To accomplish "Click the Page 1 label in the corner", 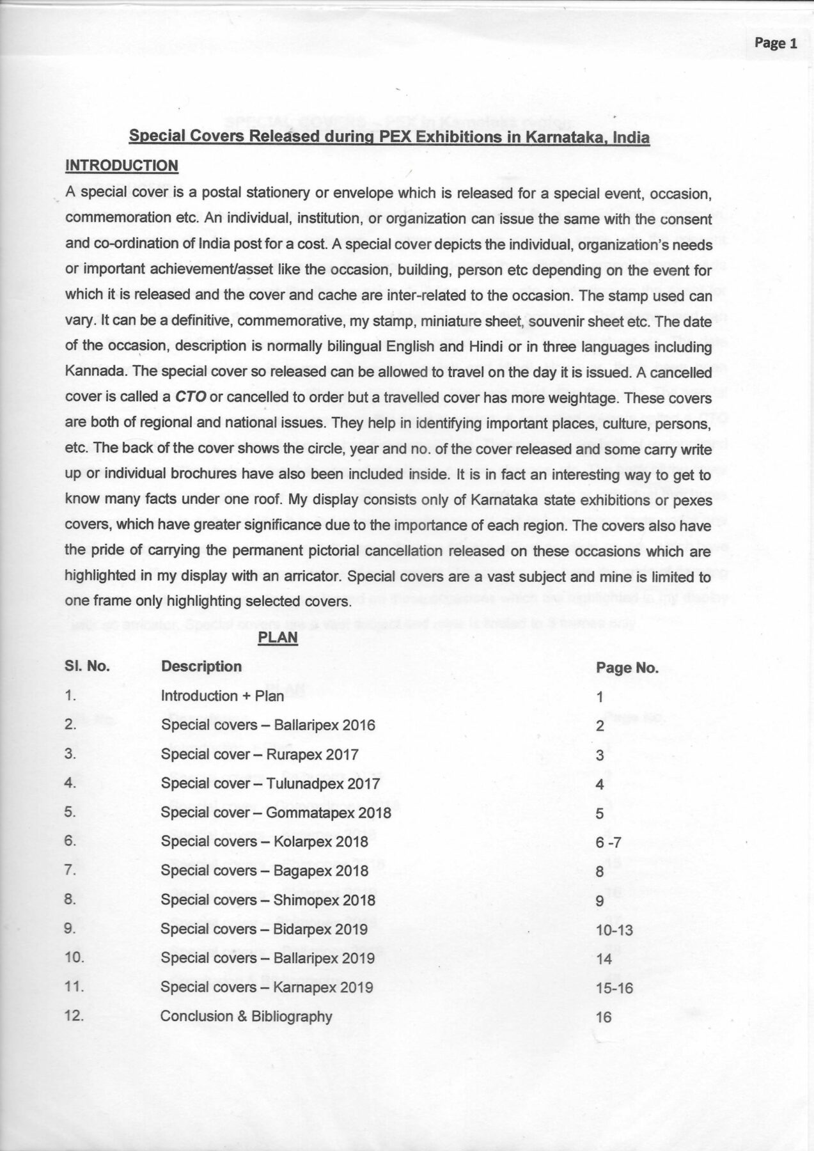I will coord(776,43).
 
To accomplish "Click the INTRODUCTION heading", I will coord(121,166).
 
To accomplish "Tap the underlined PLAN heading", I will coord(278,637).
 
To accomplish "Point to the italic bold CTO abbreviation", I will coord(191,397).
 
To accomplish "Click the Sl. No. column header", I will coord(87,666).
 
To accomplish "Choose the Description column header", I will coord(201,666).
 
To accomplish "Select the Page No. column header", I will coord(627,668).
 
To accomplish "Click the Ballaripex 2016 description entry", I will coord(268,725).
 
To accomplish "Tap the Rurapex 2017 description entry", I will coord(260,755).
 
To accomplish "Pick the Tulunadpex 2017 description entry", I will coord(270,783).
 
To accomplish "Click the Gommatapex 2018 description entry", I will coord(276,813).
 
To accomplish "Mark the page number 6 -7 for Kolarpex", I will coord(607,843).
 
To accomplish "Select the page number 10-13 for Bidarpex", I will coord(614,930).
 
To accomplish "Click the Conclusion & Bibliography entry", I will coord(246,1016).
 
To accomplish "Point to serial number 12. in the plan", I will coord(75,1015).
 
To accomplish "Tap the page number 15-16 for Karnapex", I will coord(614,989).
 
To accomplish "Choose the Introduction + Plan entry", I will coord(223,696).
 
